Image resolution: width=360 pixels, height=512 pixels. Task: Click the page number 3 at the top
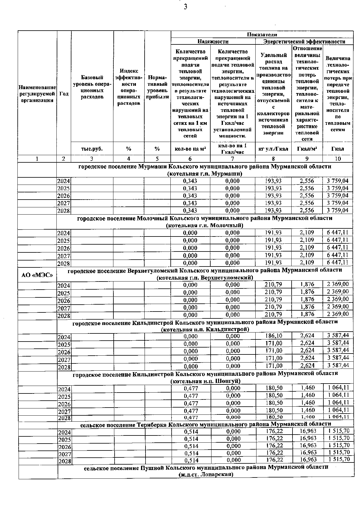(185, 7)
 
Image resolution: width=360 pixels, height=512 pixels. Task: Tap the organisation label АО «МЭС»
(37, 275)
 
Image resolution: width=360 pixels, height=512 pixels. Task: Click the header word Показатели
(262, 35)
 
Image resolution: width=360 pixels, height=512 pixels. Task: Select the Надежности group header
(213, 42)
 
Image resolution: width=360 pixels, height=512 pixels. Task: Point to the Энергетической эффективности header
(304, 42)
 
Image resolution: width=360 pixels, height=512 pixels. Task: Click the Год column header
(64, 94)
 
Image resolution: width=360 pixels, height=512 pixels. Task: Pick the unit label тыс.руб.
(92, 149)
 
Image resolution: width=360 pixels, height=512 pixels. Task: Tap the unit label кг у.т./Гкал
(273, 149)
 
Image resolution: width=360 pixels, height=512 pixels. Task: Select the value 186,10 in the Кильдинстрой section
(274, 336)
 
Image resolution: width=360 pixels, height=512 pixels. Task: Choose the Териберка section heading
(205, 424)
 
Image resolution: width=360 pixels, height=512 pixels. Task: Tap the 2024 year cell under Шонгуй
(64, 389)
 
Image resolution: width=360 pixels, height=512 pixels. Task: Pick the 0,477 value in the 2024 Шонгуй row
(190, 388)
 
